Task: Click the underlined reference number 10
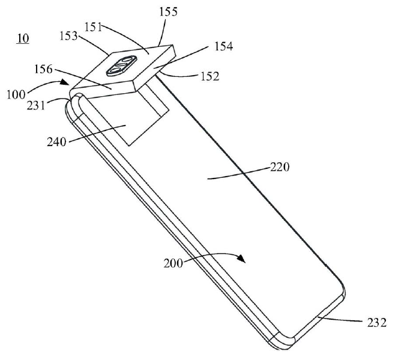tap(23, 38)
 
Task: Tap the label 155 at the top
tap(168, 12)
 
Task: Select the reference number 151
tap(93, 27)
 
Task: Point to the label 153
tap(68, 36)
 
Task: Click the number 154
tap(224, 46)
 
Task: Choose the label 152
tap(210, 76)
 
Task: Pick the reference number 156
tap(43, 69)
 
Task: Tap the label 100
tap(16, 95)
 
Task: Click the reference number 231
tap(36, 105)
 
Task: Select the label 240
tap(56, 142)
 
